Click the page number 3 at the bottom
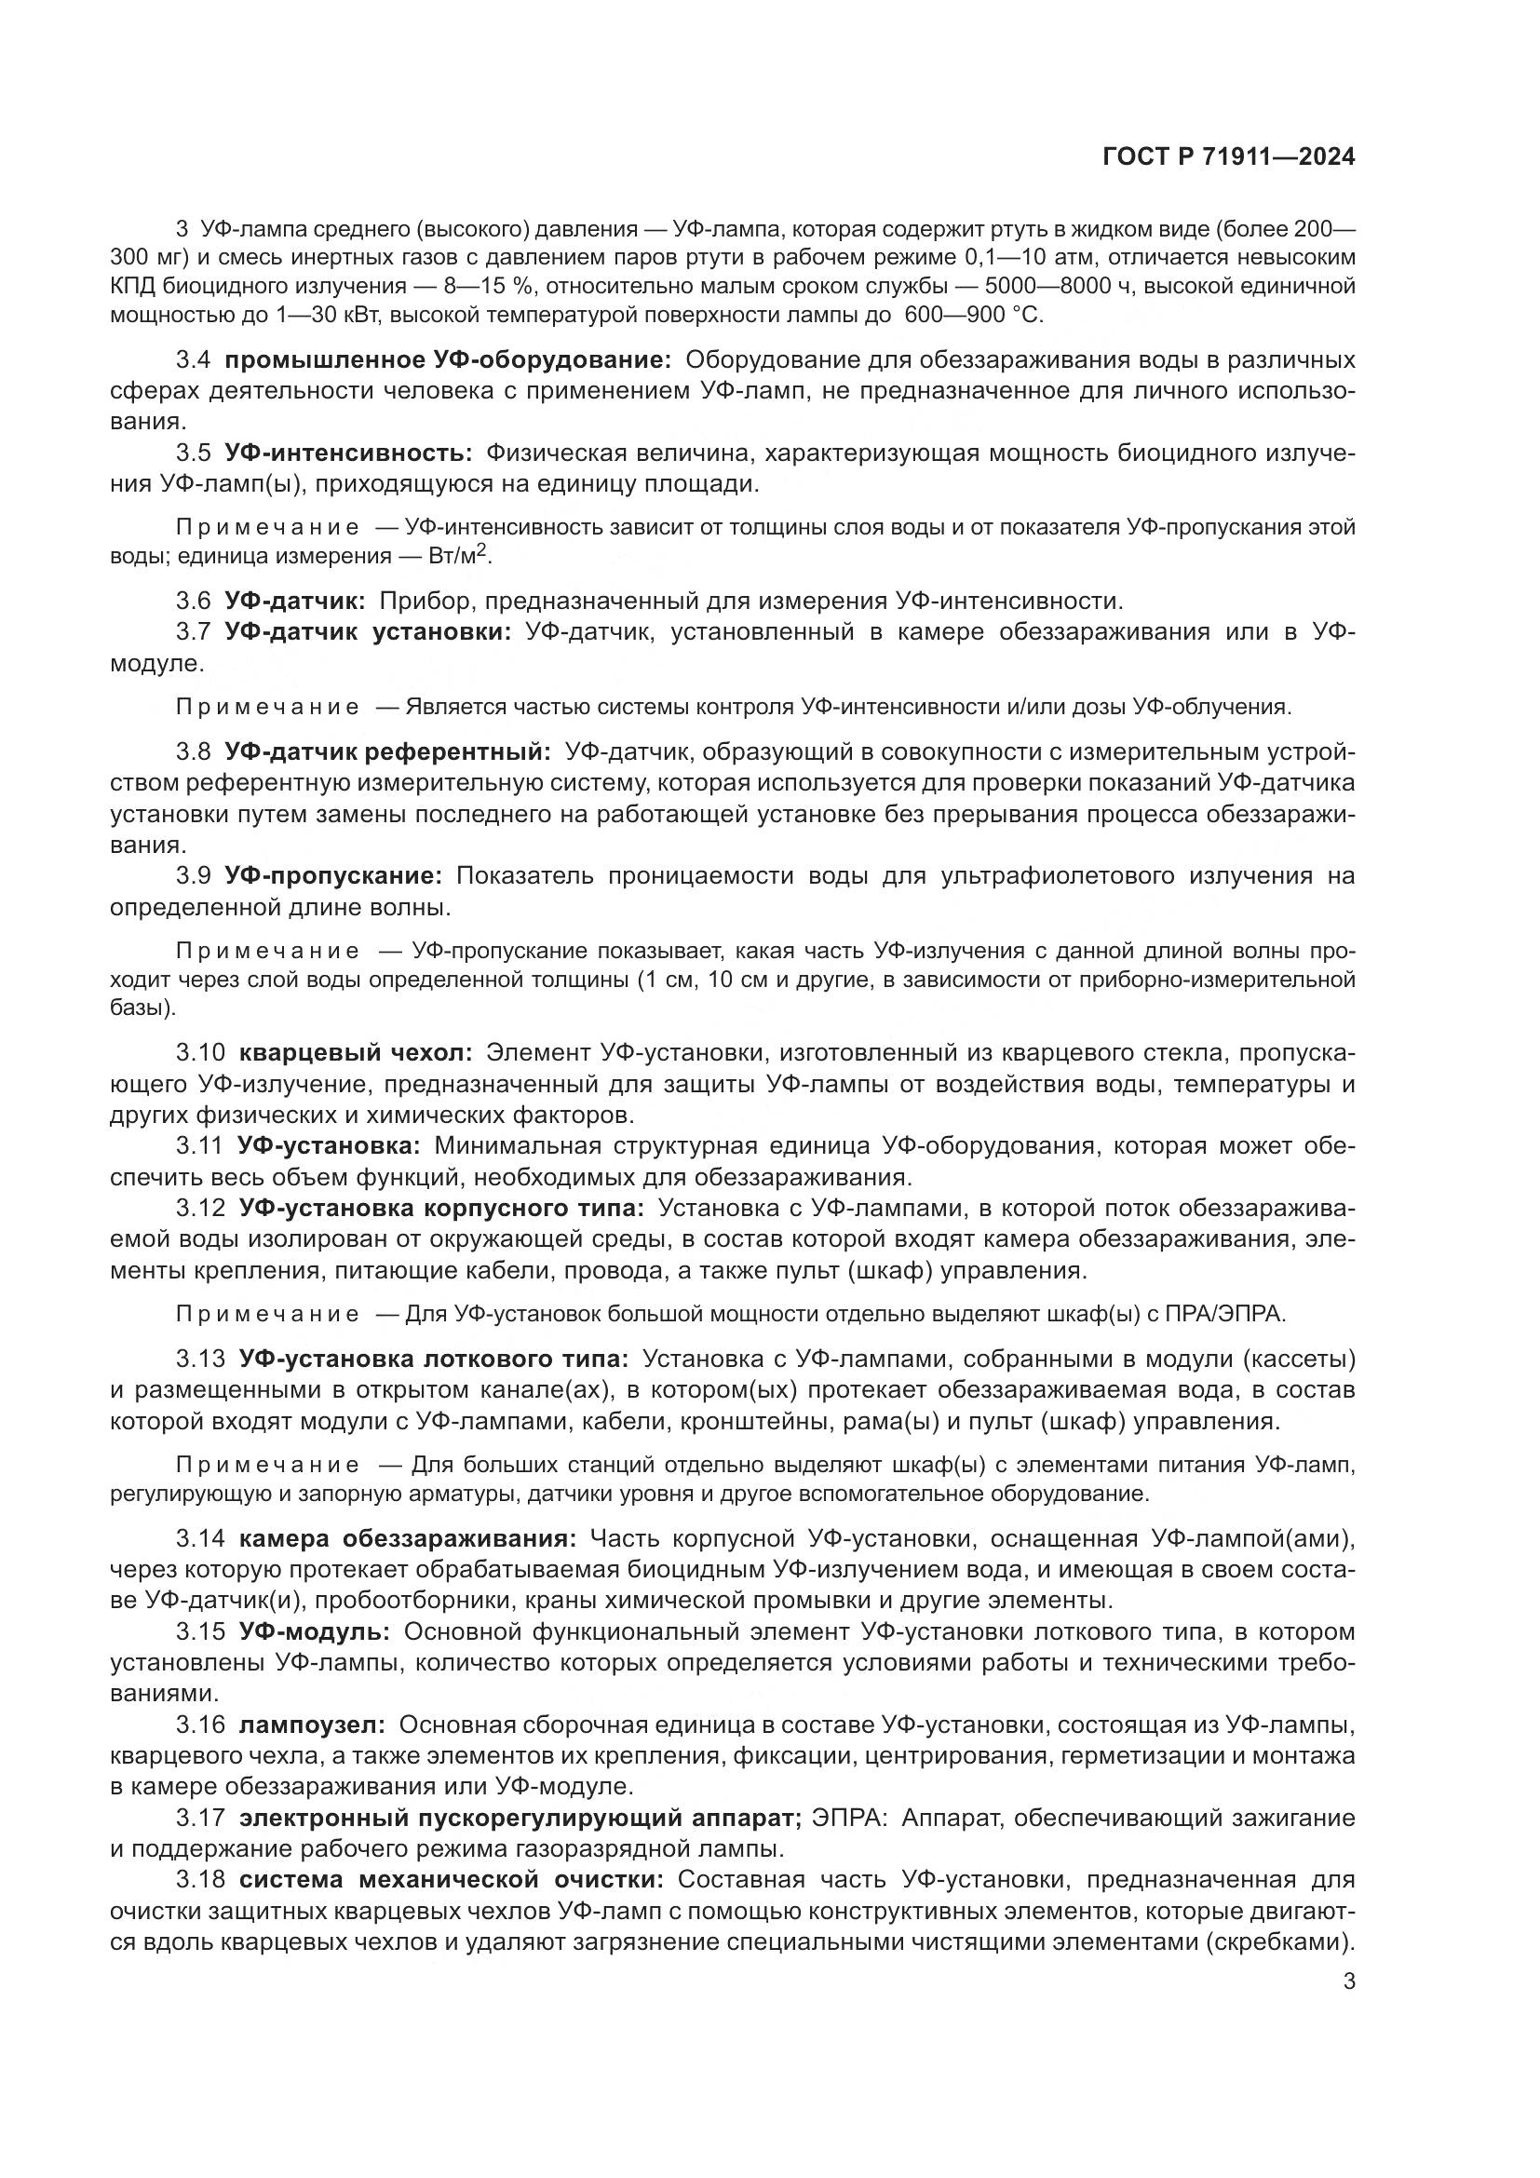coord(1349,1982)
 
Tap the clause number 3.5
coord(194,453)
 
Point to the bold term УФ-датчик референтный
coord(387,752)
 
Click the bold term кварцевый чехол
coord(356,1052)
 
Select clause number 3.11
coord(200,1146)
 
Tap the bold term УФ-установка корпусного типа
coord(441,1208)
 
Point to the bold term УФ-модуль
coord(314,1631)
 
